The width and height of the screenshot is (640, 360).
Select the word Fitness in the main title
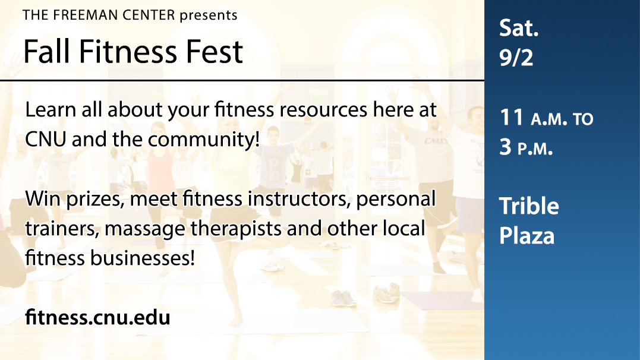(128, 52)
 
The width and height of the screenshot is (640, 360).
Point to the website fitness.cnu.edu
(97, 317)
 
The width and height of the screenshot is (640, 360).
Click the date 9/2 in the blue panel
(516, 57)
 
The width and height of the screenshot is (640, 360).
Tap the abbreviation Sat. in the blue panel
(519, 28)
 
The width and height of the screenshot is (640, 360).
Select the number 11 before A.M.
(512, 118)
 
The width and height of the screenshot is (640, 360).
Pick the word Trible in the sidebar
(529, 206)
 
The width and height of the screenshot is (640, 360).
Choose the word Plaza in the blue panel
(527, 235)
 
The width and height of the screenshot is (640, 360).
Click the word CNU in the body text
(45, 139)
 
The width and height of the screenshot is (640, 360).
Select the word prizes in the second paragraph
(95, 200)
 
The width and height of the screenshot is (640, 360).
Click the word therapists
(236, 229)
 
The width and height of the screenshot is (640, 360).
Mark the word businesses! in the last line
(143, 258)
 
